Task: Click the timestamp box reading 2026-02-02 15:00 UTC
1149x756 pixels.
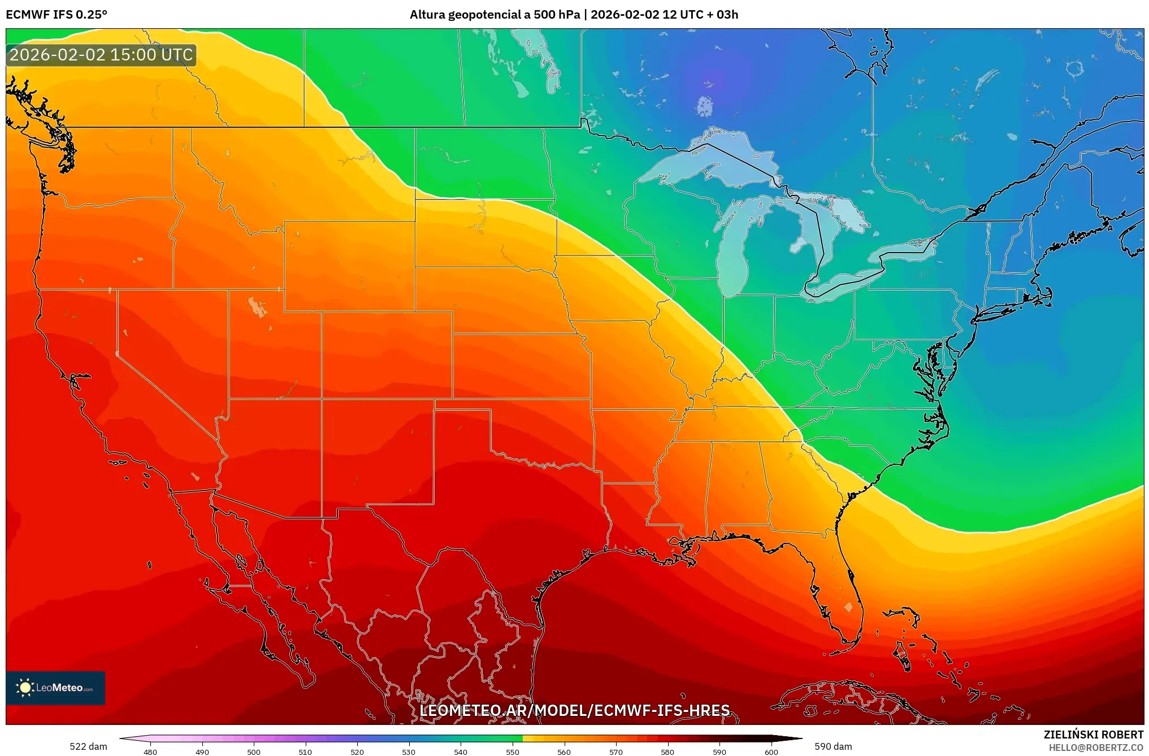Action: pyautogui.click(x=101, y=55)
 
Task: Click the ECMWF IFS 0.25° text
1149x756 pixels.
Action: pyautogui.click(x=57, y=15)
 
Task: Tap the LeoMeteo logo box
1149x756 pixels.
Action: pyautogui.click(x=55, y=688)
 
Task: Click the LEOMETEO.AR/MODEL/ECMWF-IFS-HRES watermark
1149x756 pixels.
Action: pyautogui.click(x=574, y=710)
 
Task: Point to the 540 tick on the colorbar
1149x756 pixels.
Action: pyautogui.click(x=461, y=751)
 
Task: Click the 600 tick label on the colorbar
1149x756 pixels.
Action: pyautogui.click(x=771, y=751)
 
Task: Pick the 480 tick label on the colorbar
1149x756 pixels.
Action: pyautogui.click(x=150, y=751)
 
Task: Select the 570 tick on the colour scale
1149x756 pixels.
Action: pyautogui.click(x=616, y=751)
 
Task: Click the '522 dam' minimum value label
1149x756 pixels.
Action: pyautogui.click(x=88, y=746)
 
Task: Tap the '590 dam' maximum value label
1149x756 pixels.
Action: pyautogui.click(x=833, y=746)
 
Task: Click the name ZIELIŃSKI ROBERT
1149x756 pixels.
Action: pyautogui.click(x=1093, y=735)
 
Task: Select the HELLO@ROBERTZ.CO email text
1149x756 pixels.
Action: pyautogui.click(x=1096, y=748)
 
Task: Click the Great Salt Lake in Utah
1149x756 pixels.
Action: pyautogui.click(x=257, y=307)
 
